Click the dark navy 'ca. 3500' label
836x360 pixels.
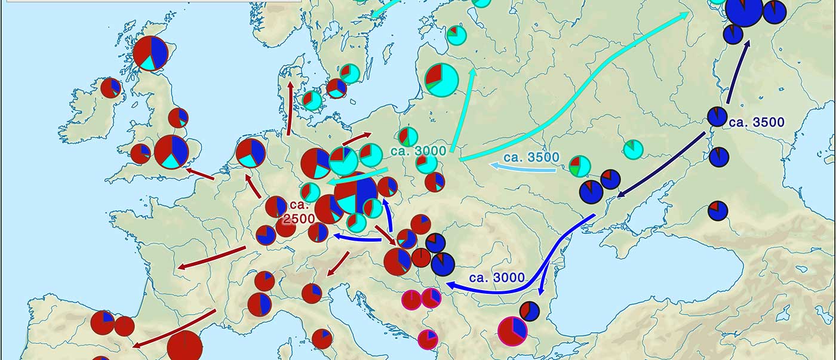756,122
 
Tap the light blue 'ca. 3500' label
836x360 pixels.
531,158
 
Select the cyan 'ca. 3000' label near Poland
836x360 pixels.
418,151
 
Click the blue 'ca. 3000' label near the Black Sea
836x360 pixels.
497,278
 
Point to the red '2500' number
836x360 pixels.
298,219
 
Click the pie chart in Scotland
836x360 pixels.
150,53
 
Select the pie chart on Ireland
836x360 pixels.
111,88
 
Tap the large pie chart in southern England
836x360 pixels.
171,152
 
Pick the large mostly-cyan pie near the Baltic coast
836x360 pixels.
442,79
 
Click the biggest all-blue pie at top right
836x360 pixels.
744,11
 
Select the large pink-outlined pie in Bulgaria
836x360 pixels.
512,331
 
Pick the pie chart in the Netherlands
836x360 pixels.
251,153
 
